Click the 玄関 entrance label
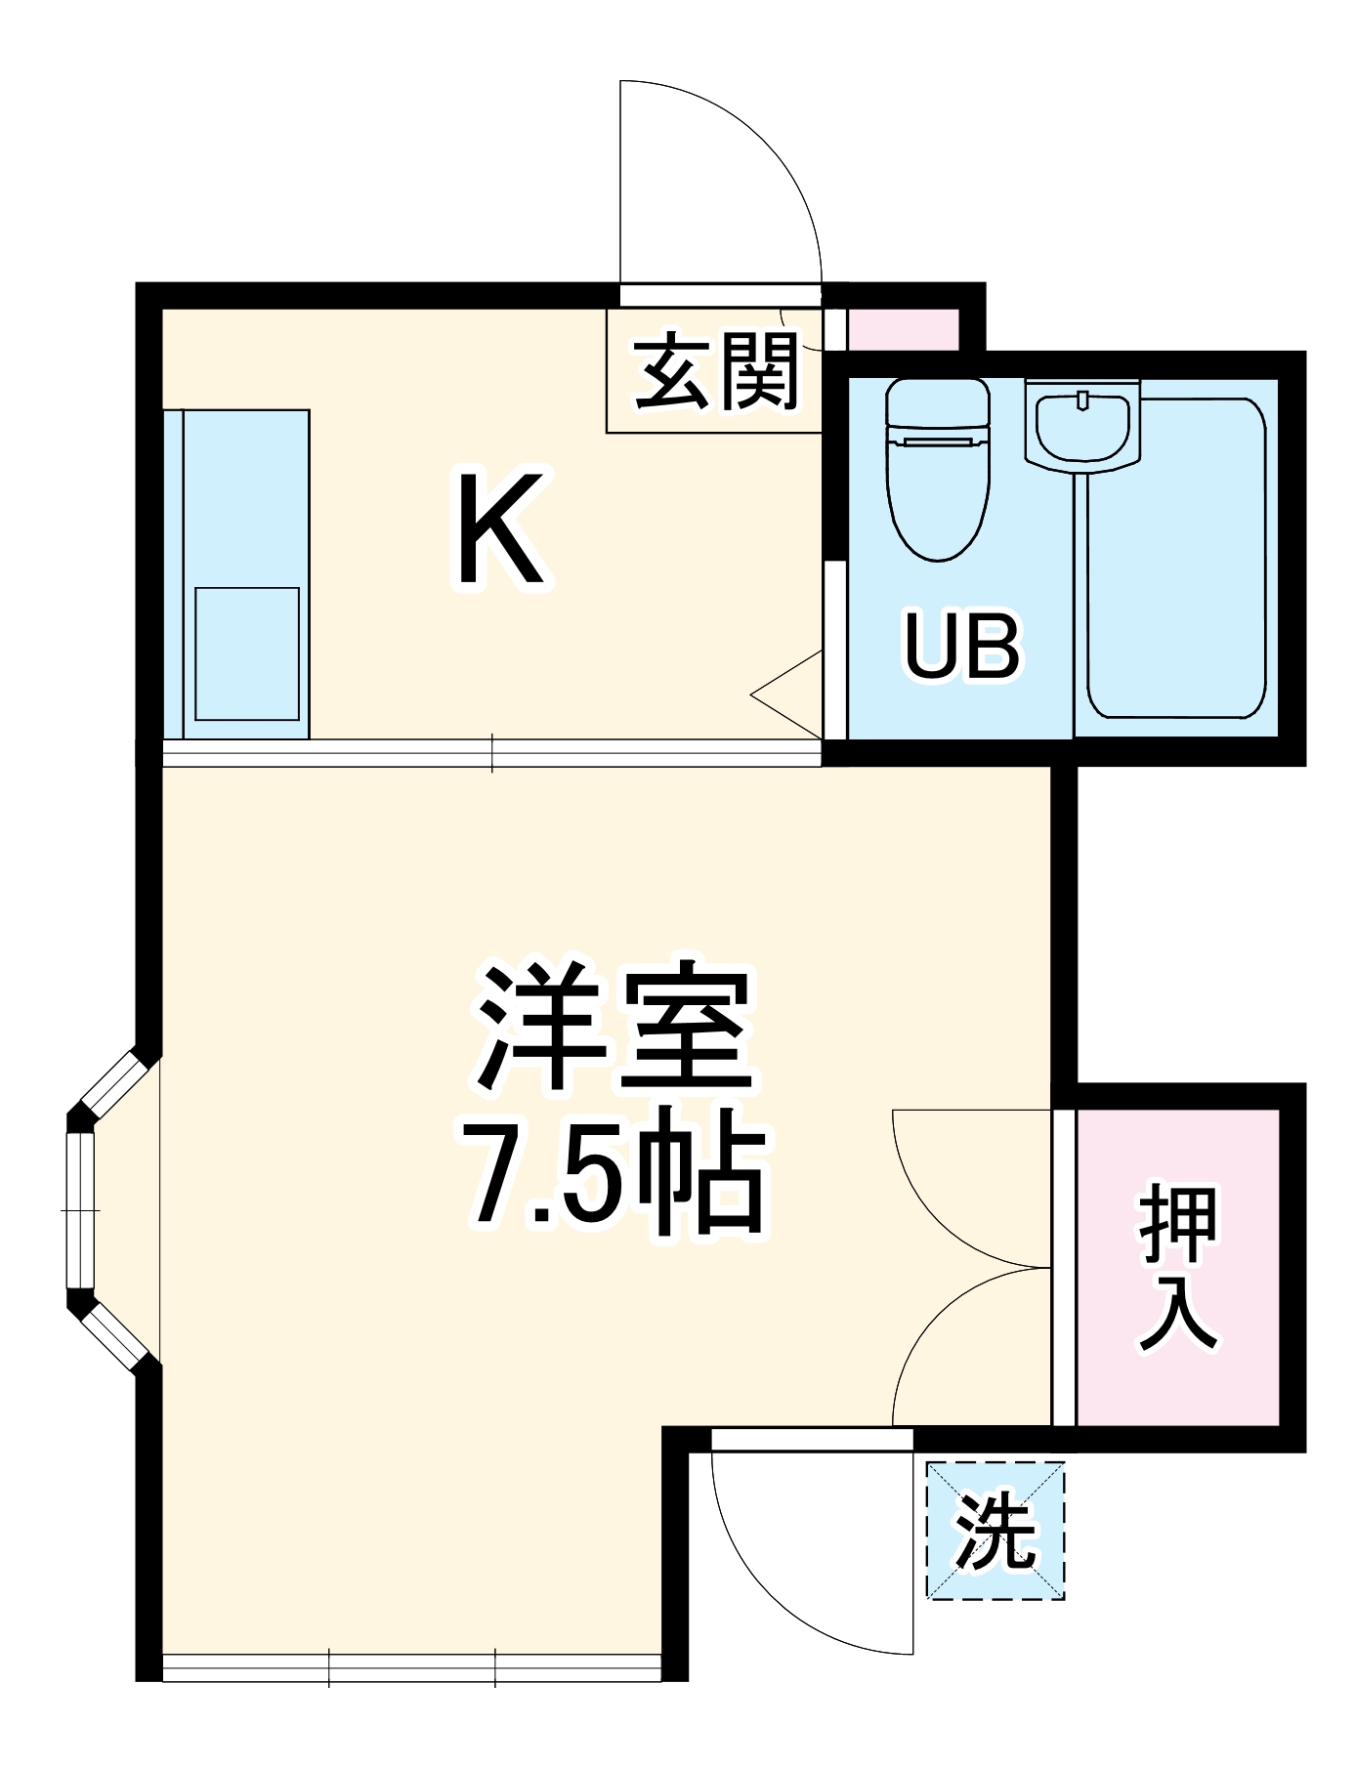716,372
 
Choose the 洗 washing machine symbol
995,1531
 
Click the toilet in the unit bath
938,467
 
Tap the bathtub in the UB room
1177,557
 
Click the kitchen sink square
246,653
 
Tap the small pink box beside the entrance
902,329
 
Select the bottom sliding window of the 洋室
411,1667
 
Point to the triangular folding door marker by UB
789,695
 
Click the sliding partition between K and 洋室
491,752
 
